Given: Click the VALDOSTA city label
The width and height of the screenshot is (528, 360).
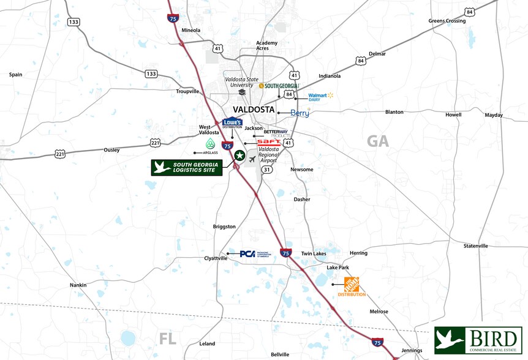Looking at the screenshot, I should pyautogui.click(x=254, y=110).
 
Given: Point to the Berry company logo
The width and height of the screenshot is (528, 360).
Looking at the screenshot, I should pyautogui.click(x=300, y=113).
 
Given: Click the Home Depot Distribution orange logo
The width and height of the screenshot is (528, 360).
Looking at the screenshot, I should pyautogui.click(x=352, y=286).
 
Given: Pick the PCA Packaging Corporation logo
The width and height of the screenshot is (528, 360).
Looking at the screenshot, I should pyautogui.click(x=248, y=253).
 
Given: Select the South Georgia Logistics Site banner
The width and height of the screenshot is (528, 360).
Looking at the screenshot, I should pyautogui.click(x=187, y=168).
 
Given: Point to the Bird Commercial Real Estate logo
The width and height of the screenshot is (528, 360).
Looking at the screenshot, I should pyautogui.click(x=478, y=340).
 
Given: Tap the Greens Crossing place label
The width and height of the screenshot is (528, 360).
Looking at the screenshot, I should pyautogui.click(x=447, y=21).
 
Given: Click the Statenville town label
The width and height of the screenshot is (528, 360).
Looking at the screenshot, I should pyautogui.click(x=475, y=246).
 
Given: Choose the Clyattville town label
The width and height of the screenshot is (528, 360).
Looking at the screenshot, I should pyautogui.click(x=216, y=258).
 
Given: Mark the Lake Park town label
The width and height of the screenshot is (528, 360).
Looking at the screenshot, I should pyautogui.click(x=338, y=268).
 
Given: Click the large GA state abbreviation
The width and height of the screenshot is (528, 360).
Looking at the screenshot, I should pyautogui.click(x=377, y=141).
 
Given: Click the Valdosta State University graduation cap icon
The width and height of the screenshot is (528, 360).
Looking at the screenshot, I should pyautogui.click(x=242, y=92).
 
